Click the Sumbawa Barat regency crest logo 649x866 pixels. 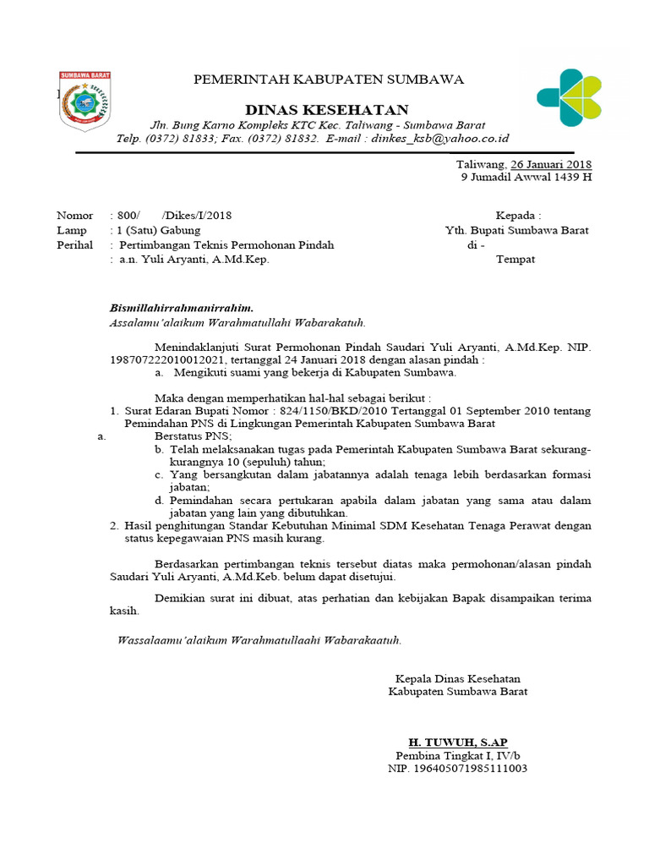[x=84, y=101]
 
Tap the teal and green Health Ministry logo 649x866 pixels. [x=569, y=98]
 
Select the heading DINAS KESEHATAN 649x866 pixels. [x=326, y=110]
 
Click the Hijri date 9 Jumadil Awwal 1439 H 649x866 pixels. [x=526, y=178]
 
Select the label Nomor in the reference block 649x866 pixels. [x=75, y=216]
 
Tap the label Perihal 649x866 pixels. [x=74, y=245]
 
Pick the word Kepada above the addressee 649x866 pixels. [x=518, y=216]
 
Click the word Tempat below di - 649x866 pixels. [x=515, y=260]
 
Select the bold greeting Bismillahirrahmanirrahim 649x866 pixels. [x=183, y=308]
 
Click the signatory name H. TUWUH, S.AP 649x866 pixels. [x=458, y=742]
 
